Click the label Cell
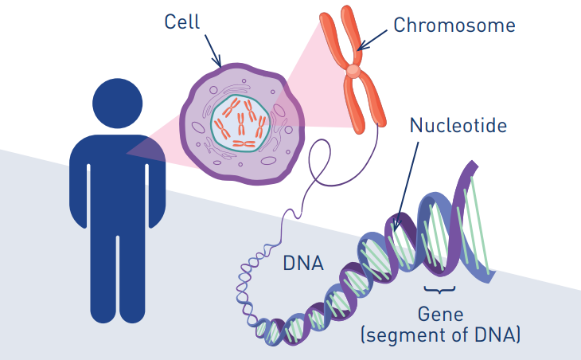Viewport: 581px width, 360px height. (182, 21)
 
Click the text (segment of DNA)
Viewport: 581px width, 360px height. (441, 336)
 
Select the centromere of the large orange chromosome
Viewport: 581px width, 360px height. (353, 72)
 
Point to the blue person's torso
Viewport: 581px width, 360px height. (118, 175)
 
